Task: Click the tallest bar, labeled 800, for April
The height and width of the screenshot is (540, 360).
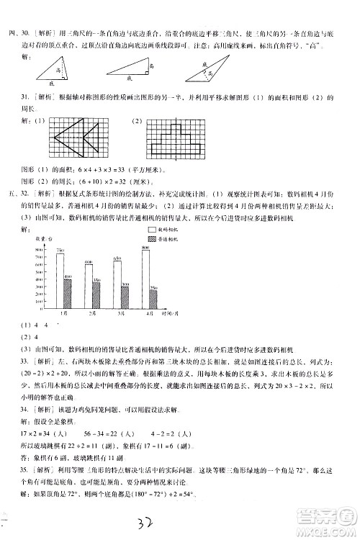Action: click(x=146, y=277)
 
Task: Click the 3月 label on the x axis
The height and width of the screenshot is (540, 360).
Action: click(x=121, y=315)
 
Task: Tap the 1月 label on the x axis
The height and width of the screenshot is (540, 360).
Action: click(x=63, y=315)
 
